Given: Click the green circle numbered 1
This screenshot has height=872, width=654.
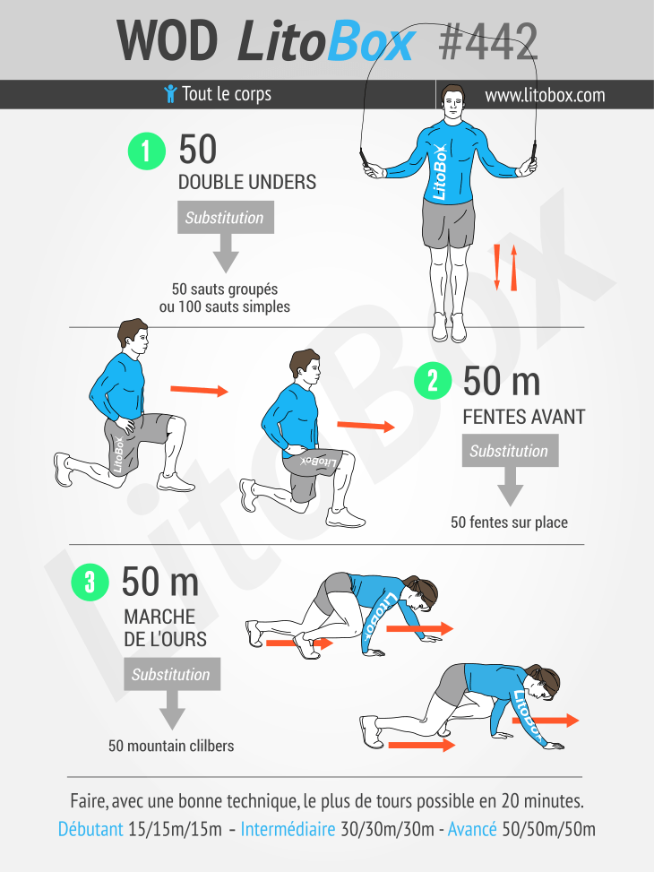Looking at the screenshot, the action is pos(147,151).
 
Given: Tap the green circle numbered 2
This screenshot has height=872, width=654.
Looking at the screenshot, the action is pos(433,381).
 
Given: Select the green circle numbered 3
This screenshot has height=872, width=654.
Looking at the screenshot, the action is pos(90,583).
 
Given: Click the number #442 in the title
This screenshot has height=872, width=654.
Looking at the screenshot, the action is pos(487,42).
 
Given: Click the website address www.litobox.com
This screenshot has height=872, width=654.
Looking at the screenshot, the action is pos(545,95).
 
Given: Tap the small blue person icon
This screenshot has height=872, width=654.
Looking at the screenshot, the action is pos(170,93).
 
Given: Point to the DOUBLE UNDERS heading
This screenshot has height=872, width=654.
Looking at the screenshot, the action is pos(247,183).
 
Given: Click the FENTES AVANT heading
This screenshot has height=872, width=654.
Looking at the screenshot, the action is pos(524,417).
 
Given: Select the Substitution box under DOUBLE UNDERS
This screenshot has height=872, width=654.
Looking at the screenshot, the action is pos(225,218).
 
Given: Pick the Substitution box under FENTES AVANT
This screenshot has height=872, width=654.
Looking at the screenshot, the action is pos(510,451).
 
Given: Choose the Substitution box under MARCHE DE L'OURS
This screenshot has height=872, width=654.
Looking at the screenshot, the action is pos(172,674).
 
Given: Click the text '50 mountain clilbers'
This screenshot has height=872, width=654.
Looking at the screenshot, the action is pos(171,746).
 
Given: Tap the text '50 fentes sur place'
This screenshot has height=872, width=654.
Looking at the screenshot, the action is pos(510,522).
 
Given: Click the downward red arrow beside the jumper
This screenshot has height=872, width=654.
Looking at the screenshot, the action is pos(497,267).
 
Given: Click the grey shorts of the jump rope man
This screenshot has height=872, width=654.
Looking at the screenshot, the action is pos(449,223).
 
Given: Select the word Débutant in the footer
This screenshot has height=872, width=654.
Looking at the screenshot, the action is pos(90,829).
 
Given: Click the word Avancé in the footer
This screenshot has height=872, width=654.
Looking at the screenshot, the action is pos(472,829).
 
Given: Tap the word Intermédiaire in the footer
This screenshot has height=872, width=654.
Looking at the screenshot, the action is pos(288,829).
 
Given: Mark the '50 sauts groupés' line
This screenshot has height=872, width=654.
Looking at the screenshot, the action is pos(225,289).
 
